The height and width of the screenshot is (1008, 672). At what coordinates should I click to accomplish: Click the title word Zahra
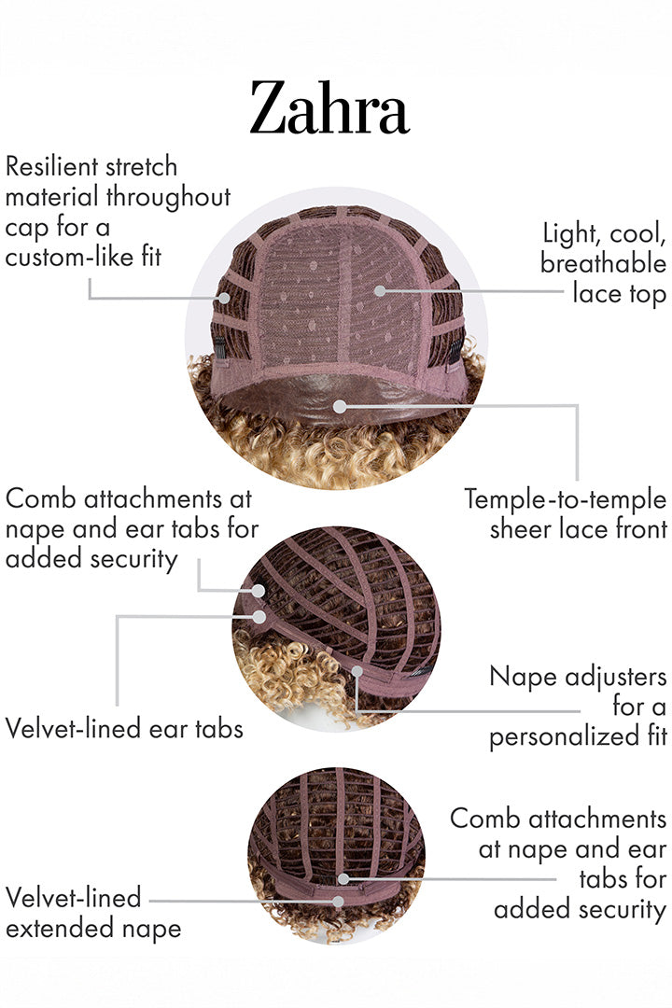pos(329,109)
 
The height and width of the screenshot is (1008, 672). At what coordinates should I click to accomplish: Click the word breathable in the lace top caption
pos(603,263)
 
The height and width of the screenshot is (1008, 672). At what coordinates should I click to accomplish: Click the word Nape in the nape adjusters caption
pos(520,676)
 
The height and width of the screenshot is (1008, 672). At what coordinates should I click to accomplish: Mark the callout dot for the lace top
pos(380,290)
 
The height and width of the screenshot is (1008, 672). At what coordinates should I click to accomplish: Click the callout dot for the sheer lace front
pos(340,406)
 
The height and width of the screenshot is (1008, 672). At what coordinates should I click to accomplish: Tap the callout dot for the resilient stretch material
pos(224,298)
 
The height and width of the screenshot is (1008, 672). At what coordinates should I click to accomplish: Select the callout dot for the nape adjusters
pos(357,671)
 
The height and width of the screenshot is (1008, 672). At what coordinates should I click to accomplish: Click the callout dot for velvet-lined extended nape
pos(339,901)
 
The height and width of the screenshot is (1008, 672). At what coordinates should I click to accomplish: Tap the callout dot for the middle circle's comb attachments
pos(258,591)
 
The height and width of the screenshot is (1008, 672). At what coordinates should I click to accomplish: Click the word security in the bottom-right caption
pos(613,909)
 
